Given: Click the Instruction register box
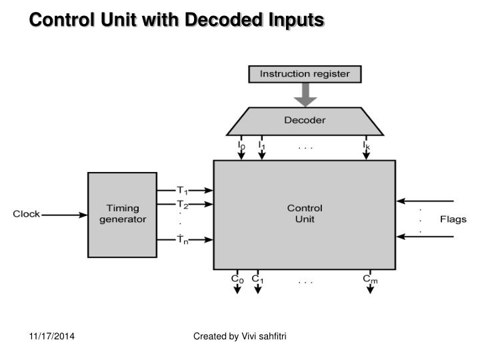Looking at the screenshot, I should pos(304,74).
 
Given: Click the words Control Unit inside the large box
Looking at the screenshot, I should pos(304,213).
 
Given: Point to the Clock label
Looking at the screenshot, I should pos(27,215).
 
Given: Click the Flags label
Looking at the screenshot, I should pos(453,219).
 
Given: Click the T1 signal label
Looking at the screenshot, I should pos(182,191).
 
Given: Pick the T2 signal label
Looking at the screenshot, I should pos(182,205).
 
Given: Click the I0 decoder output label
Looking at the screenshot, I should pos(241,144).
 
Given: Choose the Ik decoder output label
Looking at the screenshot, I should pos(366,144).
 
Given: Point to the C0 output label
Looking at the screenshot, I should pos(237,279).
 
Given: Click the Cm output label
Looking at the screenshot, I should pos(370,279).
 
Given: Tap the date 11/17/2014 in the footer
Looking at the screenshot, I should pos(51,337).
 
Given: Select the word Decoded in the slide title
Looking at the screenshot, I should pos(220,21).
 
